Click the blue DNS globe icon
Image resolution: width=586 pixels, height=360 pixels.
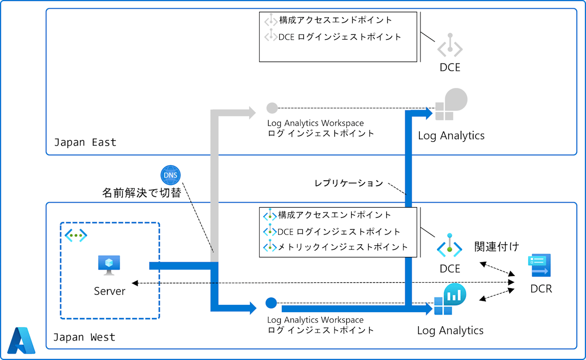click(170, 175)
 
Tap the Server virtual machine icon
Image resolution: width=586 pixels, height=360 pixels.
click(109, 265)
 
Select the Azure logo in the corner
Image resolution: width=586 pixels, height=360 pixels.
click(21, 340)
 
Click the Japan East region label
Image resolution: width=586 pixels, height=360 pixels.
click(85, 143)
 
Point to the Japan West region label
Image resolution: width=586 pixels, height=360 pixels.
click(84, 337)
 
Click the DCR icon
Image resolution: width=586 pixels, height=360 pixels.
click(540, 265)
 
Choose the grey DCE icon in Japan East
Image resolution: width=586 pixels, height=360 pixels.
click(450, 45)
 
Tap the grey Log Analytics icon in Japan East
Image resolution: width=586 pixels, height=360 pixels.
click(451, 104)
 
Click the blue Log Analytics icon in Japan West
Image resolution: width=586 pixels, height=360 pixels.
click(450, 299)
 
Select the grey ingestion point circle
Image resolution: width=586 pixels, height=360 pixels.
click(272, 108)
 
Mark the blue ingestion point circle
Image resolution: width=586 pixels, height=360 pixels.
click(271, 303)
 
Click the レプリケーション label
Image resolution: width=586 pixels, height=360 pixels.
click(349, 183)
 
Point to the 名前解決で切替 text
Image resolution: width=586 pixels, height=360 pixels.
click(142, 193)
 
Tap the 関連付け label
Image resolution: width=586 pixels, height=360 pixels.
click(497, 247)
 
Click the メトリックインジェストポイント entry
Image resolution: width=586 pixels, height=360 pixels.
click(343, 247)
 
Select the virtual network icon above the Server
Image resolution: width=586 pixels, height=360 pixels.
click(76, 235)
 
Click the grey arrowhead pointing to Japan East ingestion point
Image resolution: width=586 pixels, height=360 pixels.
click(252, 113)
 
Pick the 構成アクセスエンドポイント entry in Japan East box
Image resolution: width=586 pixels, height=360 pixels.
click(335, 20)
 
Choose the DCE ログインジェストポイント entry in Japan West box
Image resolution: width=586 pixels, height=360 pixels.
click(339, 232)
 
